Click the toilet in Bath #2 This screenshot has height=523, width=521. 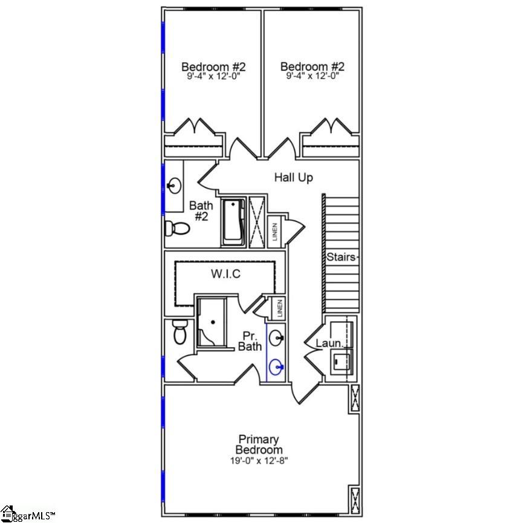coord(176,229)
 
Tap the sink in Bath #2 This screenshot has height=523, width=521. coord(175,184)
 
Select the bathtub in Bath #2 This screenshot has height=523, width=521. coord(233,222)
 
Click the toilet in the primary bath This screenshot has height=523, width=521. coord(180,331)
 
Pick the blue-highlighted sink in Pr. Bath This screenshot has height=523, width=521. coord(276,367)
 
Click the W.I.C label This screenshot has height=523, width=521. coord(225,274)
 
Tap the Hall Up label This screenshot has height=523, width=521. coord(294,177)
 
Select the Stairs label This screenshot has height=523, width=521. coord(341,257)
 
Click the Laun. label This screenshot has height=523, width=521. coord(329,344)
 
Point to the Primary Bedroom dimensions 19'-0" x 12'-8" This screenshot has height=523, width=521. coord(259,461)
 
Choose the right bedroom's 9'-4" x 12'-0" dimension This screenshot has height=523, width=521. coord(312,77)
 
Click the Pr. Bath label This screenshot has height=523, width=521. coord(250,341)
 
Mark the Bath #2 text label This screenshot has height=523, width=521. coord(201,211)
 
